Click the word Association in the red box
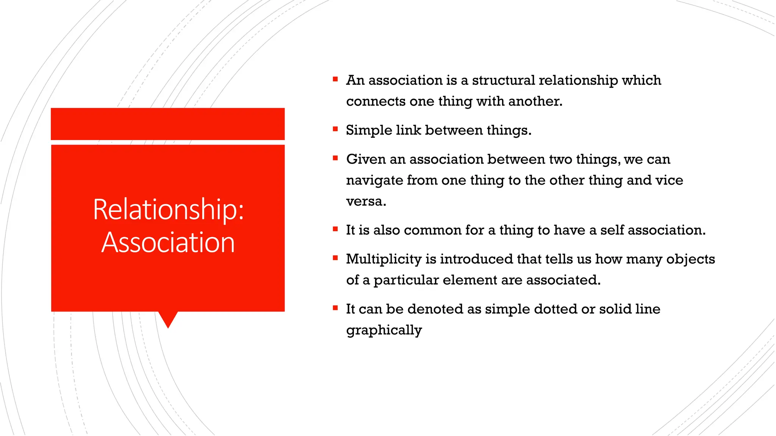tap(168, 242)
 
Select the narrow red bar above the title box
tap(167, 124)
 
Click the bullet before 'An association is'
tap(335, 79)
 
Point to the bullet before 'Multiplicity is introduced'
tap(335, 258)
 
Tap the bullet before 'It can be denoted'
tap(335, 308)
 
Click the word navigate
tap(374, 181)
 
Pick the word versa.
tap(366, 201)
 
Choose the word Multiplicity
tap(383, 259)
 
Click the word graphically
tap(383, 330)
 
